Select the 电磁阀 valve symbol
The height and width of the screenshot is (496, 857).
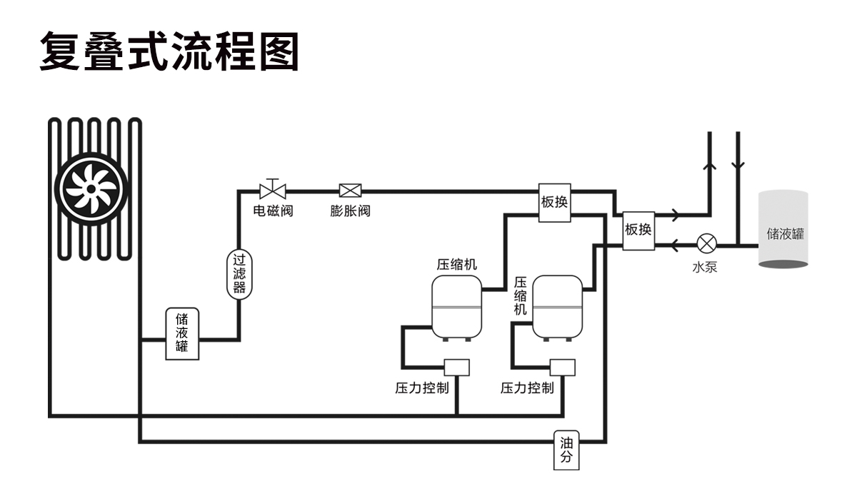pyautogui.click(x=272, y=189)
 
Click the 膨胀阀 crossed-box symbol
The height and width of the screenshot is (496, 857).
pyautogui.click(x=350, y=191)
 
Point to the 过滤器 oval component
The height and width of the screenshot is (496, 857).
pyautogui.click(x=239, y=275)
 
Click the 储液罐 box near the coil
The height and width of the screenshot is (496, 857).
pyautogui.click(x=182, y=334)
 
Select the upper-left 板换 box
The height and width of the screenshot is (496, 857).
pyautogui.click(x=554, y=202)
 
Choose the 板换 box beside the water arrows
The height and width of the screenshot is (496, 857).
pyautogui.click(x=638, y=230)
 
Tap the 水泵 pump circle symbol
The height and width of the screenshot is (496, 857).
pyautogui.click(x=707, y=244)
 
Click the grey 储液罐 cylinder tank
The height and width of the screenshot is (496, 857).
pyautogui.click(x=783, y=230)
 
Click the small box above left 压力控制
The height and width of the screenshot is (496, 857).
pyautogui.click(x=456, y=367)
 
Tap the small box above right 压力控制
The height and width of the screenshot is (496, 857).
pyautogui.click(x=563, y=367)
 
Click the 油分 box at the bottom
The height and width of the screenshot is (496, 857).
pyautogui.click(x=566, y=450)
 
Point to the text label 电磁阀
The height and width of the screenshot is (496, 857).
pyautogui.click(x=273, y=211)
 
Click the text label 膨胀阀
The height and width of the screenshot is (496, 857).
pyautogui.click(x=350, y=211)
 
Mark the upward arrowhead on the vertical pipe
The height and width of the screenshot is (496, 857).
pyautogui.click(x=710, y=165)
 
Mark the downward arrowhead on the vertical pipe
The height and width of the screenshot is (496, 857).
pyautogui.click(x=738, y=165)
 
